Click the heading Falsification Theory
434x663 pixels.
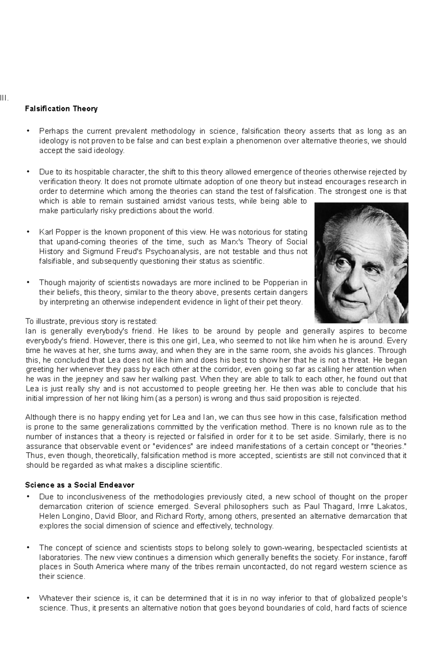61,109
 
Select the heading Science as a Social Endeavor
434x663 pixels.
80,485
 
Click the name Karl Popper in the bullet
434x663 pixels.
58,232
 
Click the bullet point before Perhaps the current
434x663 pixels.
28,131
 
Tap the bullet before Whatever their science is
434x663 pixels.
28,598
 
